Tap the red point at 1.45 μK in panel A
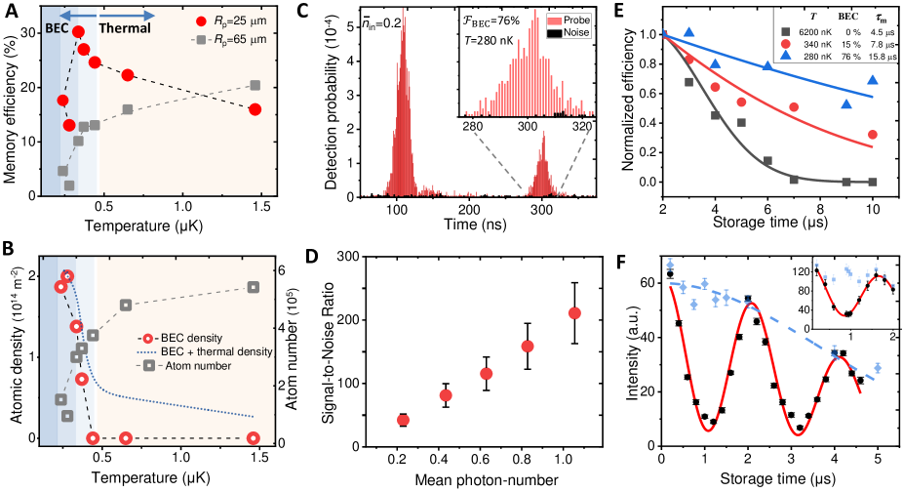pyautogui.click(x=255, y=108)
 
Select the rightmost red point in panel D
pyautogui.click(x=602, y=312)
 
